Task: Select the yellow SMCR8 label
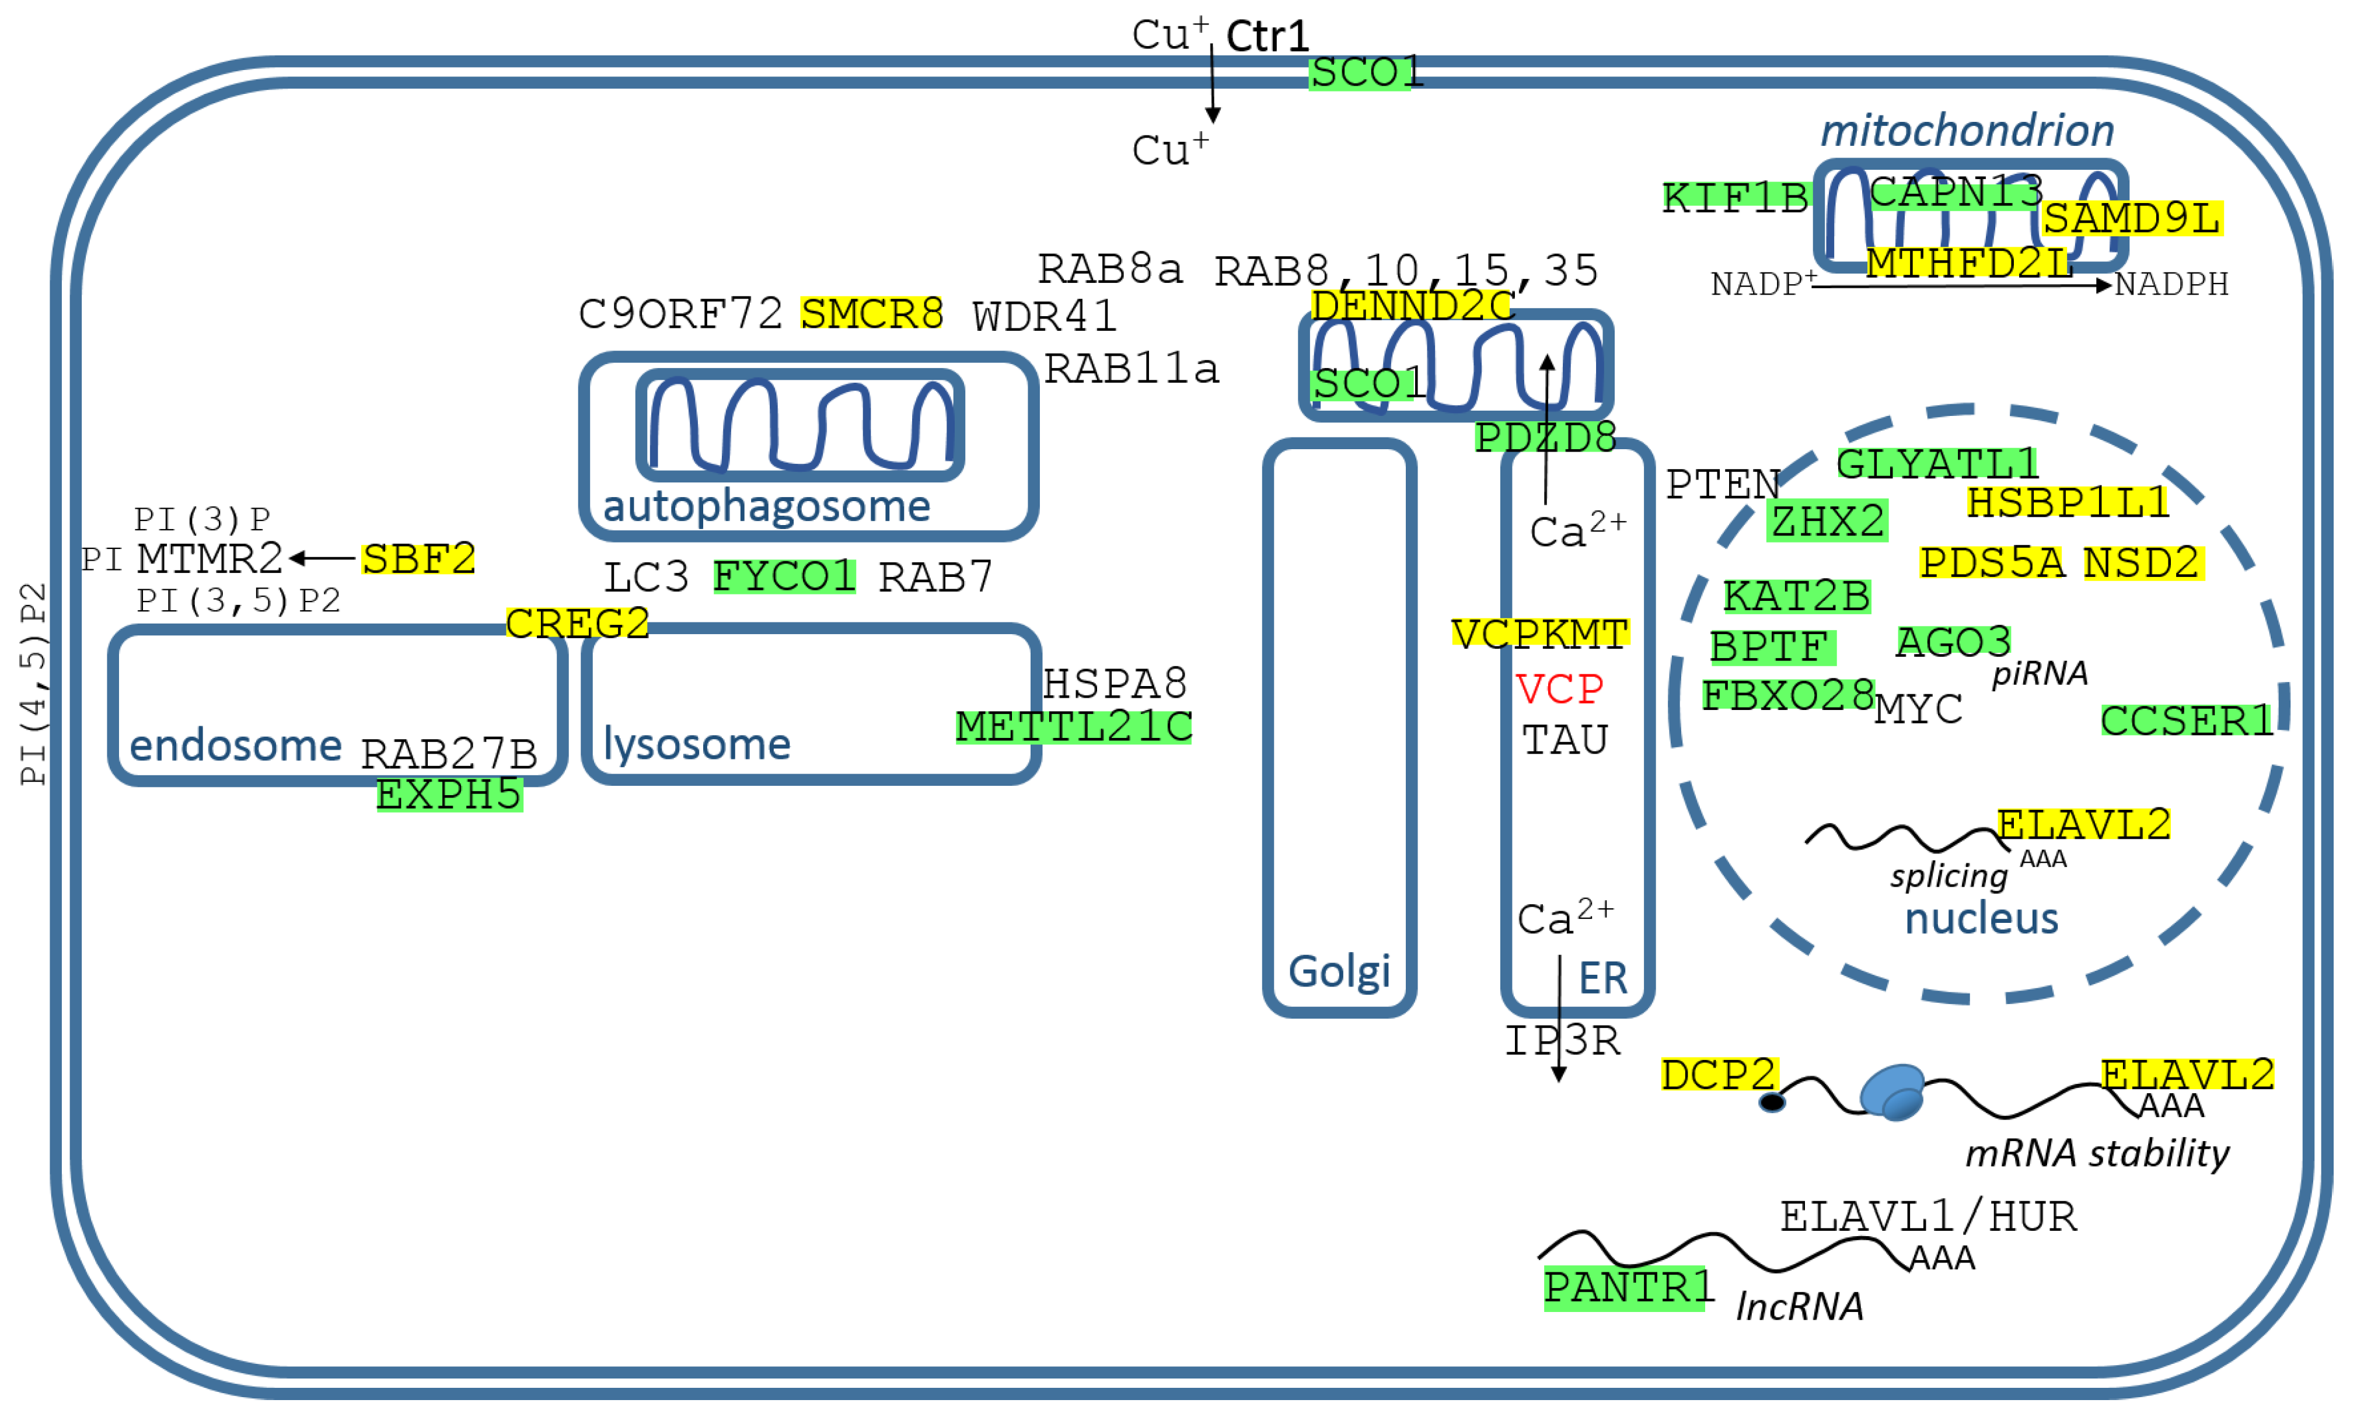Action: tap(871, 314)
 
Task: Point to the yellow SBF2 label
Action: tap(418, 558)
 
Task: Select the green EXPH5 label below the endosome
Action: tap(449, 795)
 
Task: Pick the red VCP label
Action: tap(1559, 688)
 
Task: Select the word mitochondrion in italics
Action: tap(1966, 130)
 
